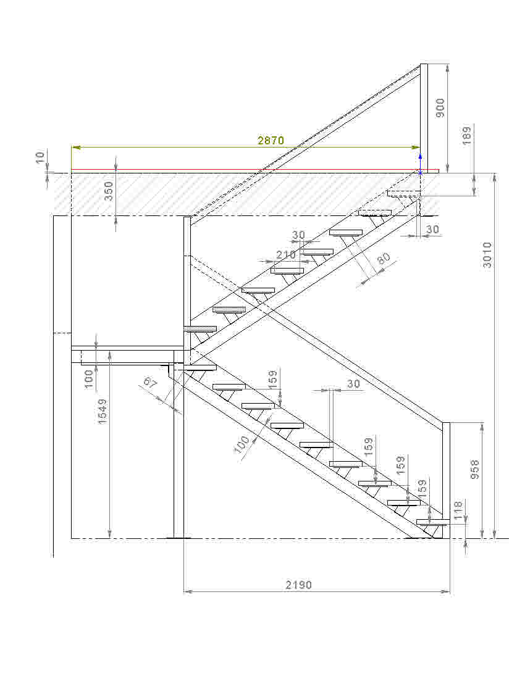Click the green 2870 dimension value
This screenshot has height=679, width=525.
click(271, 140)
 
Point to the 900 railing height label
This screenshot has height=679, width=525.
click(440, 108)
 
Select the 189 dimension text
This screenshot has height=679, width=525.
click(466, 136)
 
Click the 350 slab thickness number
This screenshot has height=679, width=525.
click(109, 191)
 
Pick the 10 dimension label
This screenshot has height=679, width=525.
click(40, 156)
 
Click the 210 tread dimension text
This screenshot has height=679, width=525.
click(286, 255)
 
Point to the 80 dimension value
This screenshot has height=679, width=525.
click(384, 258)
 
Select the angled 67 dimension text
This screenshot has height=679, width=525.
click(150, 383)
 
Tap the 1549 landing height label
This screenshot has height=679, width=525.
click(103, 411)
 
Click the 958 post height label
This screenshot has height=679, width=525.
click(475, 469)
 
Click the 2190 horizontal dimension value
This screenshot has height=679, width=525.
click(299, 585)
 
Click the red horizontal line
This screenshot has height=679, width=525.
click(255, 170)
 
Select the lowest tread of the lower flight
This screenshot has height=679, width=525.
click(432, 522)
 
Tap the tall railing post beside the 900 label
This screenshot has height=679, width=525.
click(424, 119)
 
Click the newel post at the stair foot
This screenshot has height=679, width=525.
click(446, 480)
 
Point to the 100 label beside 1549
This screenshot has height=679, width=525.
click(89, 379)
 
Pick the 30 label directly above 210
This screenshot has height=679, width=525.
click(298, 235)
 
